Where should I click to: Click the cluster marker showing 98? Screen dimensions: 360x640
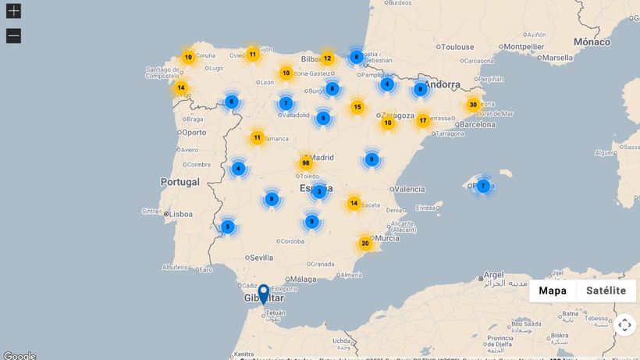coord(306,163)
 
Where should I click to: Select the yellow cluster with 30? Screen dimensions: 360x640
coord(473,105)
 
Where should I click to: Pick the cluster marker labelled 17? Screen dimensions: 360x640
coord(423,121)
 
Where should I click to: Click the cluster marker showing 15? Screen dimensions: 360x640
coord(357,107)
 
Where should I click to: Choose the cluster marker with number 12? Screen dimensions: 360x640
coord(327,59)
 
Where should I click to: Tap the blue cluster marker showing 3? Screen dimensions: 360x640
coord(318,191)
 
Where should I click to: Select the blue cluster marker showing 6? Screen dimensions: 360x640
coord(231,102)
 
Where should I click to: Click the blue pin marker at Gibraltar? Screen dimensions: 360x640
coord(264,294)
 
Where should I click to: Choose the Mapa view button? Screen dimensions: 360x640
coord(553,290)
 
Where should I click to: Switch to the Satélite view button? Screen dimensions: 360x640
coord(606,290)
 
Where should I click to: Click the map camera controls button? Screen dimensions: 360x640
coord(624,325)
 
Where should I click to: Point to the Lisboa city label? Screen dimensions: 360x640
coord(180,213)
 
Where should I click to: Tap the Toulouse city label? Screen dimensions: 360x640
coord(457,47)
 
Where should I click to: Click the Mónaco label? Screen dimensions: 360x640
coord(592,41)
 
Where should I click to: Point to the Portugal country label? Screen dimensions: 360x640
coord(180,182)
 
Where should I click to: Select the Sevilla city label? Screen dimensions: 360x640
coord(261,258)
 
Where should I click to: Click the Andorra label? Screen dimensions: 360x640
coord(442,84)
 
